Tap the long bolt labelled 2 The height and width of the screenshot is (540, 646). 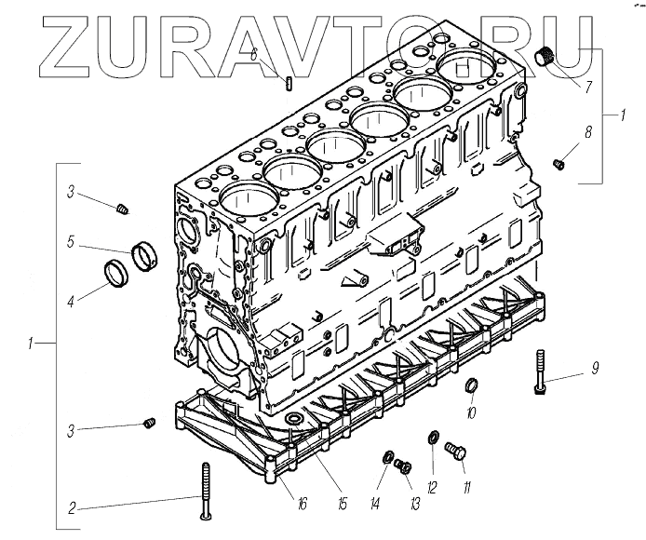(204, 490)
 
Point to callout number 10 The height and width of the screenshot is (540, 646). (471, 412)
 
